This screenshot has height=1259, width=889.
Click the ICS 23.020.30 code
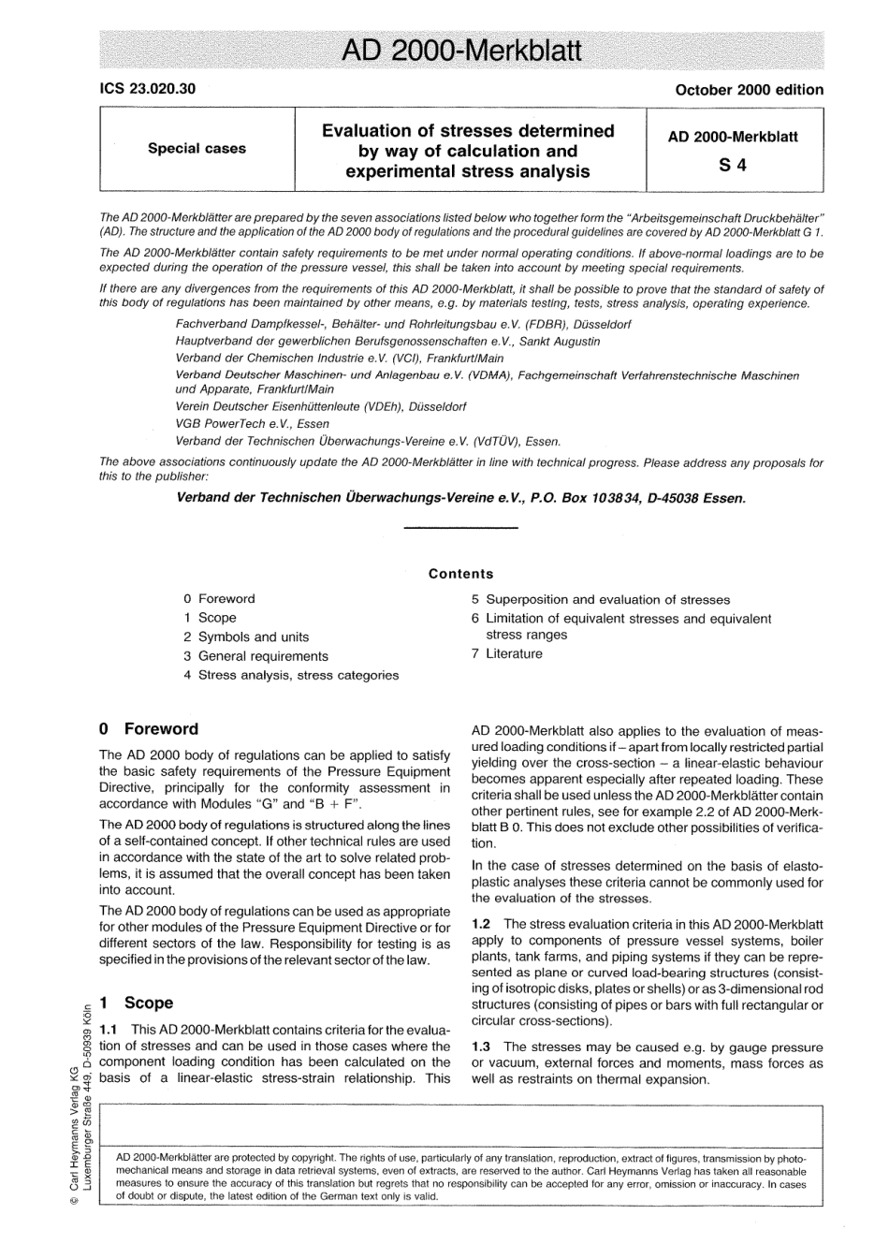[x=147, y=90]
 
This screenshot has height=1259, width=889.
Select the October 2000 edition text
[x=749, y=90]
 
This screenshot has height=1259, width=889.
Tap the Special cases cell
[x=197, y=148]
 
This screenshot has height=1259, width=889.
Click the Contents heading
[x=460, y=574]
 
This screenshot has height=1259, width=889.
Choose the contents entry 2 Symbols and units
[x=246, y=637]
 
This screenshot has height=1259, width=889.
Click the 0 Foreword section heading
[x=149, y=729]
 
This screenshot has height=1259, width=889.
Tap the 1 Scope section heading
[x=137, y=1003]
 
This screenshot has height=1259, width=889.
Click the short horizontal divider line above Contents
[x=460, y=531]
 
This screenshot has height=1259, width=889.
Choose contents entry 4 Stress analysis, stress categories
[x=291, y=675]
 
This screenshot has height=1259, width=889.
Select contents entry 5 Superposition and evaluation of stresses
[x=601, y=599]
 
